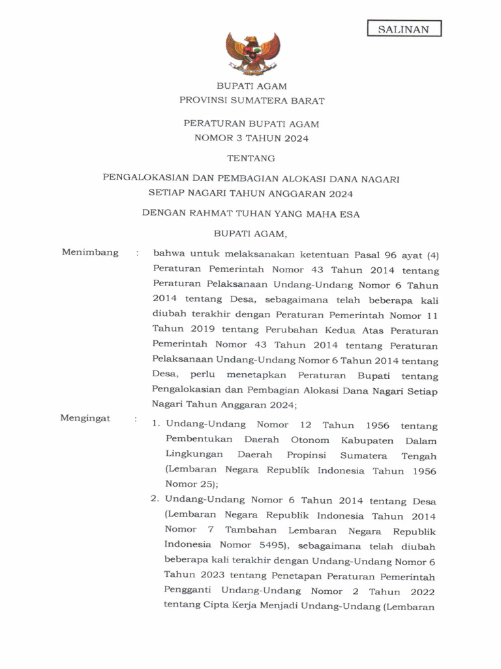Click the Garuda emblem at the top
pyautogui.click(x=252, y=53)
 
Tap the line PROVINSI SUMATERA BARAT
pyautogui.click(x=252, y=101)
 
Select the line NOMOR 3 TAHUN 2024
pyautogui.click(x=252, y=138)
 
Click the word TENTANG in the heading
pyautogui.click(x=251, y=157)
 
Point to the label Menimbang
pyautogui.click(x=90, y=253)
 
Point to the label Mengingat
pyautogui.click(x=85, y=417)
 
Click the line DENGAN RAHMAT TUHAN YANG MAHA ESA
pyautogui.click(x=252, y=213)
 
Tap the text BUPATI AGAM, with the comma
pyautogui.click(x=251, y=232)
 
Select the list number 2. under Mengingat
pyautogui.click(x=156, y=500)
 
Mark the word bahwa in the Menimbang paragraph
pyautogui.click(x=169, y=253)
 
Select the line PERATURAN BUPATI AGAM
pyautogui.click(x=252, y=123)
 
